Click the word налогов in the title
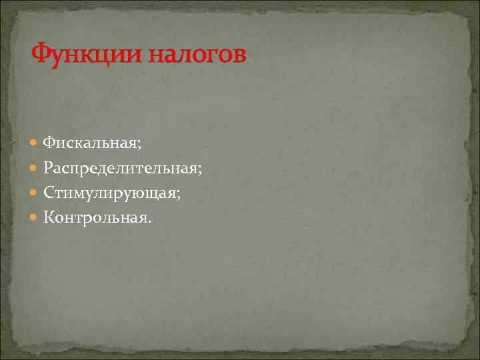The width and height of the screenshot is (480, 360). [x=197, y=53]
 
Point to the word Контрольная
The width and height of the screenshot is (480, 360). [x=95, y=217]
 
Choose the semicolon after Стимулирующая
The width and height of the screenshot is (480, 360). [x=179, y=194]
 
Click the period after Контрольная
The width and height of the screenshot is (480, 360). [x=150, y=221]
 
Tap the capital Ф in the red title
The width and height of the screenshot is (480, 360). [x=41, y=53]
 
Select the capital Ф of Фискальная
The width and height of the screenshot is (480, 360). [x=49, y=142]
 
